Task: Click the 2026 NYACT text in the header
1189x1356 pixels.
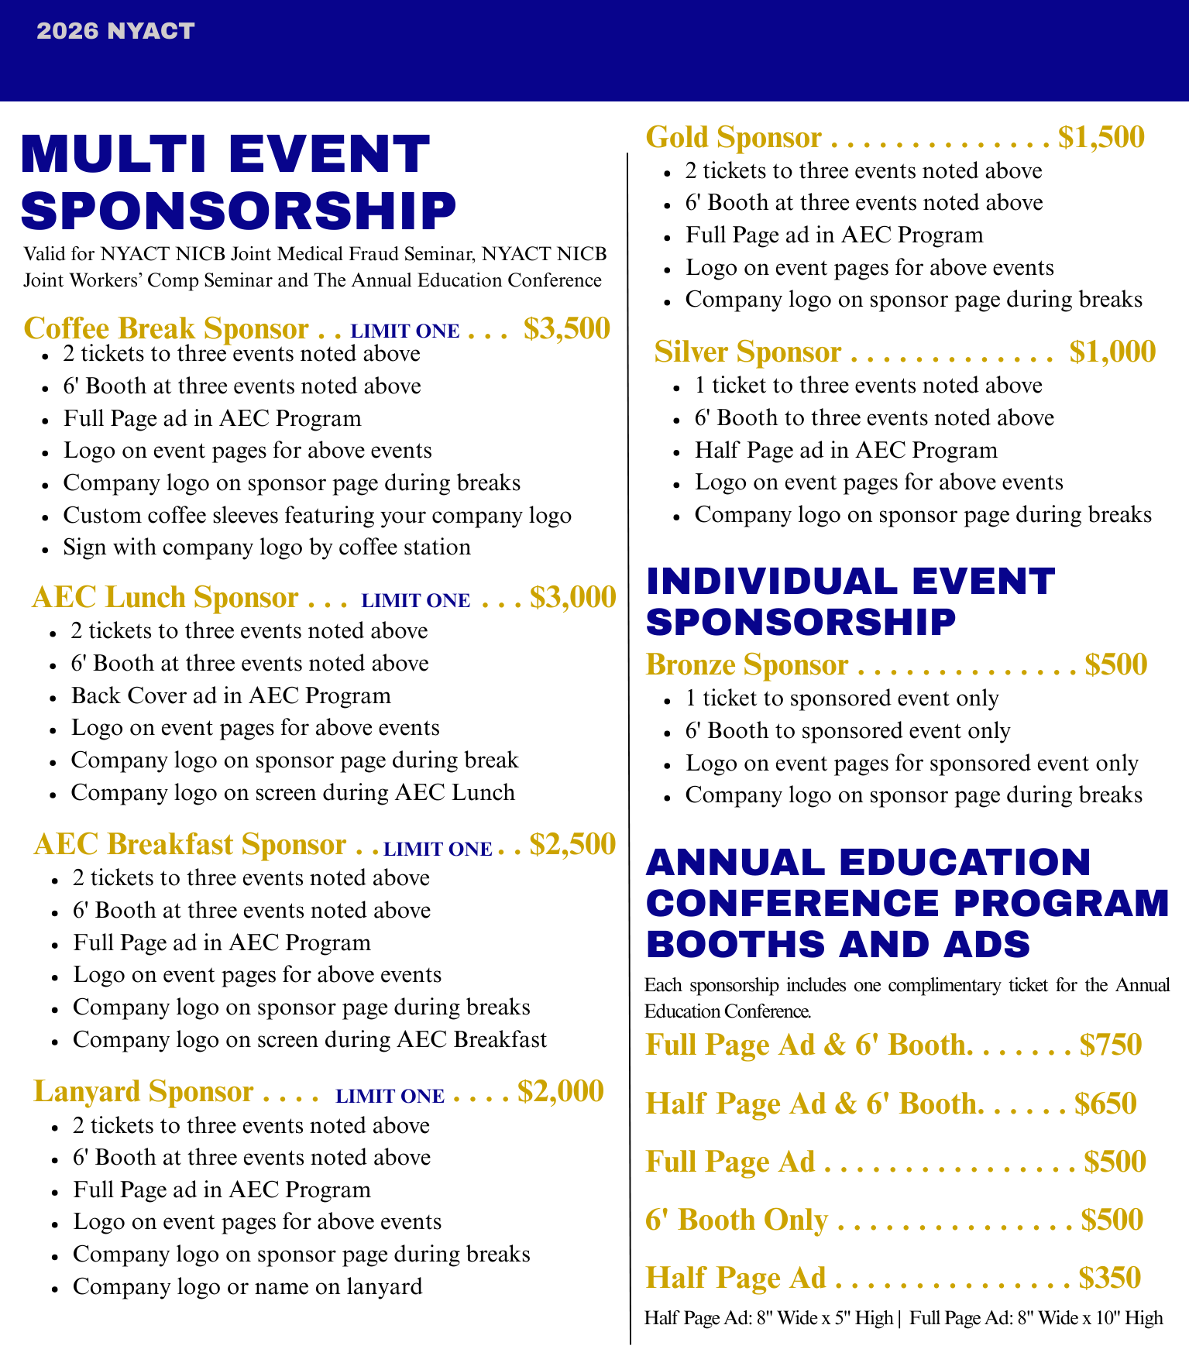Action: (x=115, y=31)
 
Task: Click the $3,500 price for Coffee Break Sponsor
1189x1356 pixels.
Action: (x=567, y=328)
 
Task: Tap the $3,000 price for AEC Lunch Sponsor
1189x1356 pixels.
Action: (x=573, y=597)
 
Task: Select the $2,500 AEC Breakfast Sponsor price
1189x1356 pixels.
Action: (x=572, y=843)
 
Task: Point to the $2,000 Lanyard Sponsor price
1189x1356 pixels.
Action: (x=561, y=1090)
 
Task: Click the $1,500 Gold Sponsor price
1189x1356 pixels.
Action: (x=1101, y=137)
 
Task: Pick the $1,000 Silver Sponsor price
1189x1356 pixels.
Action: (x=1112, y=352)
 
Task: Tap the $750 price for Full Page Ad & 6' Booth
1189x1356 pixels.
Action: (x=1112, y=1045)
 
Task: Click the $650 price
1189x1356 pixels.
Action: (x=1106, y=1103)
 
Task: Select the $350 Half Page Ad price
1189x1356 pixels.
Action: (x=1110, y=1277)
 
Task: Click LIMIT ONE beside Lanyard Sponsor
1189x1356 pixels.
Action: (x=390, y=1096)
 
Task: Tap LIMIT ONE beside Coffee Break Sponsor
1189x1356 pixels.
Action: (x=405, y=331)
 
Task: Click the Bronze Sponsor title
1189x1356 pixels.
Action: (x=747, y=664)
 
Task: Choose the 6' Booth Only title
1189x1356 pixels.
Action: (x=737, y=1219)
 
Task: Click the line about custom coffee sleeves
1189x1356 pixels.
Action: (x=318, y=515)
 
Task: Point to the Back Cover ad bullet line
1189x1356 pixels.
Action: (x=231, y=695)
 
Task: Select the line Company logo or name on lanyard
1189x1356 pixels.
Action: (x=248, y=1286)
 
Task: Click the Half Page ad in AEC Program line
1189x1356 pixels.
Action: (x=846, y=450)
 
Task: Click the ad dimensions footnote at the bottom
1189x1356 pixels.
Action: (x=903, y=1317)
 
